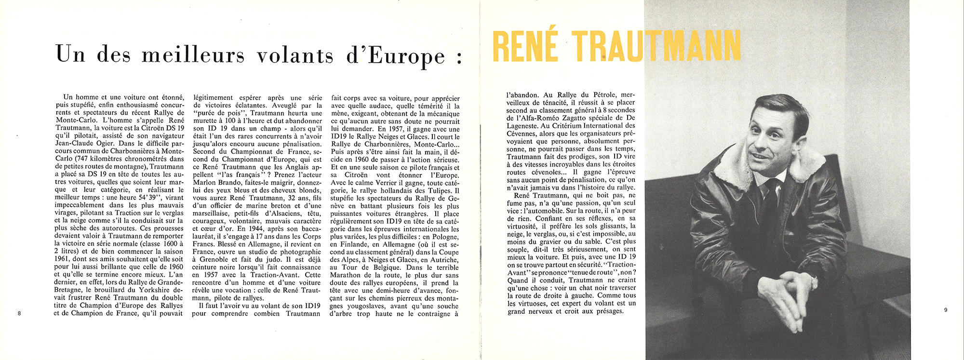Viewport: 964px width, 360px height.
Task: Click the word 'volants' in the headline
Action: tap(295, 55)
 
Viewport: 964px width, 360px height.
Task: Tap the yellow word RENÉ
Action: tap(525, 47)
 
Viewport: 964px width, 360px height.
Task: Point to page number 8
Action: tap(19, 313)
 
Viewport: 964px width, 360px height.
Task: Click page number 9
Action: tap(945, 310)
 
